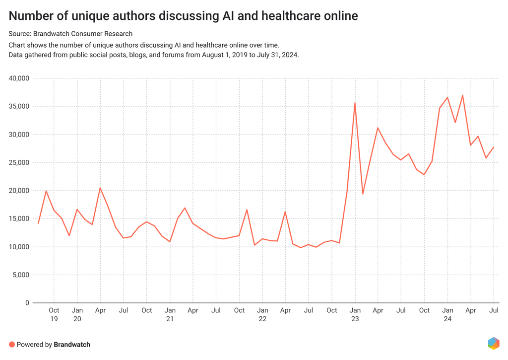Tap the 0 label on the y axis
click(x=28, y=303)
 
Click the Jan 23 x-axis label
click(x=355, y=315)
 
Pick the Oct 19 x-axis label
click(x=54, y=315)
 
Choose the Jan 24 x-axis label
click(x=447, y=315)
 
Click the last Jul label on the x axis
click(x=494, y=310)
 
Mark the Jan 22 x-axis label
click(x=262, y=315)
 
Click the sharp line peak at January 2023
click(x=355, y=103)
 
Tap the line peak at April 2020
click(x=100, y=188)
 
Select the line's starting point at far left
click(x=38, y=223)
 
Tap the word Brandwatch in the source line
click(x=52, y=34)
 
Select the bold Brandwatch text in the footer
click(x=72, y=344)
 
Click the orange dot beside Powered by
click(x=12, y=344)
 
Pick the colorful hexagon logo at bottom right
click(x=493, y=343)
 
